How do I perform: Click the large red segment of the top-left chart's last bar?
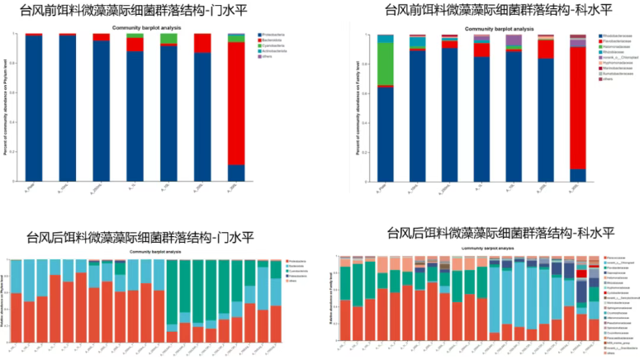tap(236, 103)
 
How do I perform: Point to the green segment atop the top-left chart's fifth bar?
tap(168, 39)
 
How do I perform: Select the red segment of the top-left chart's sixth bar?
tap(202, 43)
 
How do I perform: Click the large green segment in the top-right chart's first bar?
tap(385, 63)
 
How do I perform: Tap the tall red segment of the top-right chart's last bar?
tap(578, 107)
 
